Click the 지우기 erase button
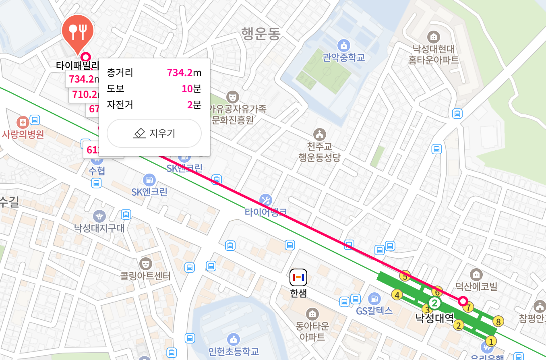pos(154,133)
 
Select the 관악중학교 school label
pos(343,58)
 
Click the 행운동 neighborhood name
pos(261,33)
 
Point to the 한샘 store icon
pos(298,277)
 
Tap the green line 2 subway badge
pos(434,302)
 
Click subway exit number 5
pos(405,276)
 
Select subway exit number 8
pos(498,321)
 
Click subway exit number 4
pos(397,295)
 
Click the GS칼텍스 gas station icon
pos(374,299)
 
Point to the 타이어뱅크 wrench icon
pos(266,199)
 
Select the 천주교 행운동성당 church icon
pos(320,134)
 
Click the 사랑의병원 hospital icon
pos(23,122)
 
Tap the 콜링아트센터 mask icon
pos(145,263)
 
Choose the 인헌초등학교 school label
pos(233,351)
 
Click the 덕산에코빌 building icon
pos(476,275)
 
